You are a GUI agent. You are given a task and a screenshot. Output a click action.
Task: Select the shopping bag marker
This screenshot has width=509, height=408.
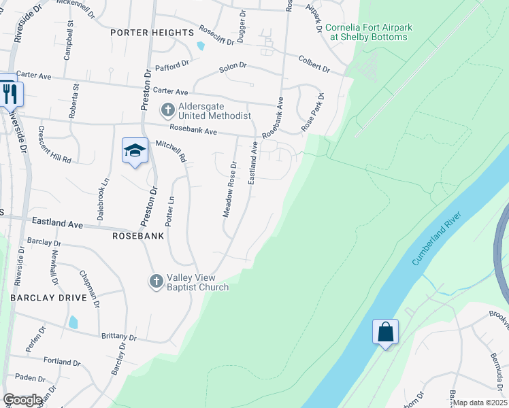click(x=385, y=333)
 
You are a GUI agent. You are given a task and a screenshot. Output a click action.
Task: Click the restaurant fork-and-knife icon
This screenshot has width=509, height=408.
click(x=10, y=94)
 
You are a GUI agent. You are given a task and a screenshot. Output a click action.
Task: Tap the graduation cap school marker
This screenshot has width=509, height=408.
click(x=135, y=151)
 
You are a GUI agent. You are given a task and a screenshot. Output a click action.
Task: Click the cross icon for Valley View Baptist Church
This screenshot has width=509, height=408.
click(x=156, y=281)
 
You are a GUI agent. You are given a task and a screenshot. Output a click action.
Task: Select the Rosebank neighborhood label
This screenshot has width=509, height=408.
click(x=139, y=236)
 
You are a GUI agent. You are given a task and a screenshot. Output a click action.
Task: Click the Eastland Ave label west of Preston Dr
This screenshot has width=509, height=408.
click(x=58, y=223)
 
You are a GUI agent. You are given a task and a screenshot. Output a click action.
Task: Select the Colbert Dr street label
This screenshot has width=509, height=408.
click(x=314, y=65)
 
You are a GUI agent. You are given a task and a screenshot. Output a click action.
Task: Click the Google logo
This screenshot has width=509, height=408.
click(x=22, y=400)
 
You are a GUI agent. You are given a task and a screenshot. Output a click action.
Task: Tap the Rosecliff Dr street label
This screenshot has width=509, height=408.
click(x=216, y=35)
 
